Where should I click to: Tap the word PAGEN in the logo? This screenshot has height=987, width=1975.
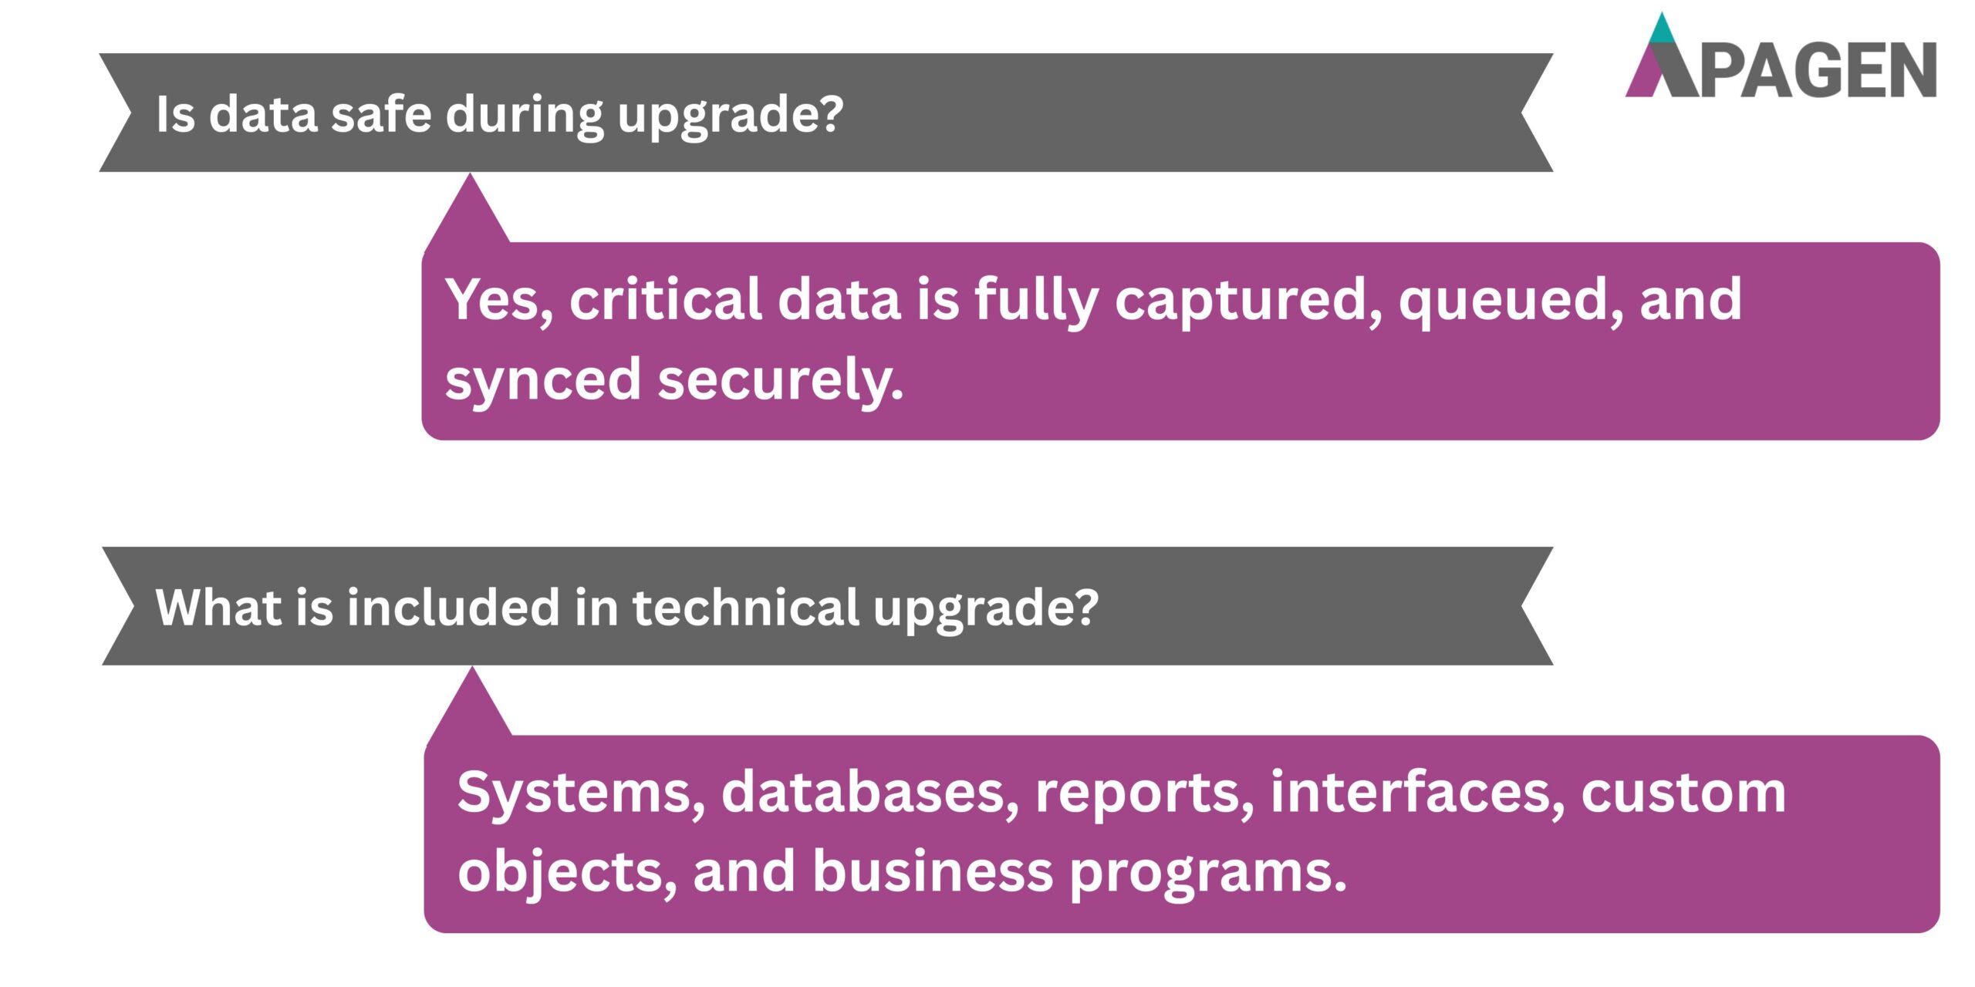[1819, 71]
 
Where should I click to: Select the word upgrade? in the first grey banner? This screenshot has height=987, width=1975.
[730, 116]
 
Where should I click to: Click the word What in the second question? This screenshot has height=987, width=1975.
[218, 607]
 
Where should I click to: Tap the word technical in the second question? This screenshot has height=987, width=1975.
[745, 607]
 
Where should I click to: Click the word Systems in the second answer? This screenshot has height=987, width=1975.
[580, 793]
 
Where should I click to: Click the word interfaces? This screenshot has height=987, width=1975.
[1418, 793]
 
